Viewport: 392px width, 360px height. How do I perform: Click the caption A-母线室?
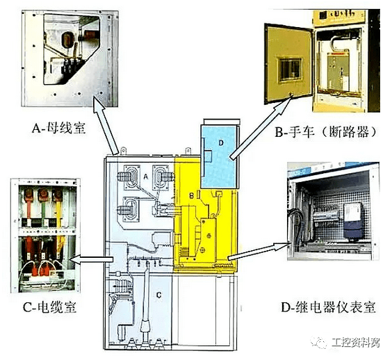click(x=58, y=128)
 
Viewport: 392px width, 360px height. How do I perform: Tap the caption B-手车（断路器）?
click(x=326, y=131)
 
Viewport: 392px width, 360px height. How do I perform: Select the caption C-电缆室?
click(x=49, y=306)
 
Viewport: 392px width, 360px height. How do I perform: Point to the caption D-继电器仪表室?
click(x=328, y=306)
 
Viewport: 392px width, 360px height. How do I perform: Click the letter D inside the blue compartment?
click(x=221, y=142)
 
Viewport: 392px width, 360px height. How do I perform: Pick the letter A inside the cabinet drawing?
click(x=146, y=177)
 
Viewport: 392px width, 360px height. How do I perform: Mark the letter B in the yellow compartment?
click(x=191, y=196)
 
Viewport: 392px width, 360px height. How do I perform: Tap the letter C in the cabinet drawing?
click(x=158, y=295)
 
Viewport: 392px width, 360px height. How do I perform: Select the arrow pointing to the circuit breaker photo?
click(x=261, y=128)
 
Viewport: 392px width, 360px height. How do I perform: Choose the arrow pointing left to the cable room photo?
click(x=92, y=259)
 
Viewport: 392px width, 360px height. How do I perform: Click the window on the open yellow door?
click(x=290, y=69)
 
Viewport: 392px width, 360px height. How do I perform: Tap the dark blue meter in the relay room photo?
click(x=353, y=221)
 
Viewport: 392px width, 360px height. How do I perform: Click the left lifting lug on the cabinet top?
click(x=123, y=151)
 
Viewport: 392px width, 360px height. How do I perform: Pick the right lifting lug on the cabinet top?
click(x=188, y=151)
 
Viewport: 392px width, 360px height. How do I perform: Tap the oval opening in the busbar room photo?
click(x=67, y=40)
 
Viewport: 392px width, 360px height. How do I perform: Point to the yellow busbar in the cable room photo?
click(x=58, y=215)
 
